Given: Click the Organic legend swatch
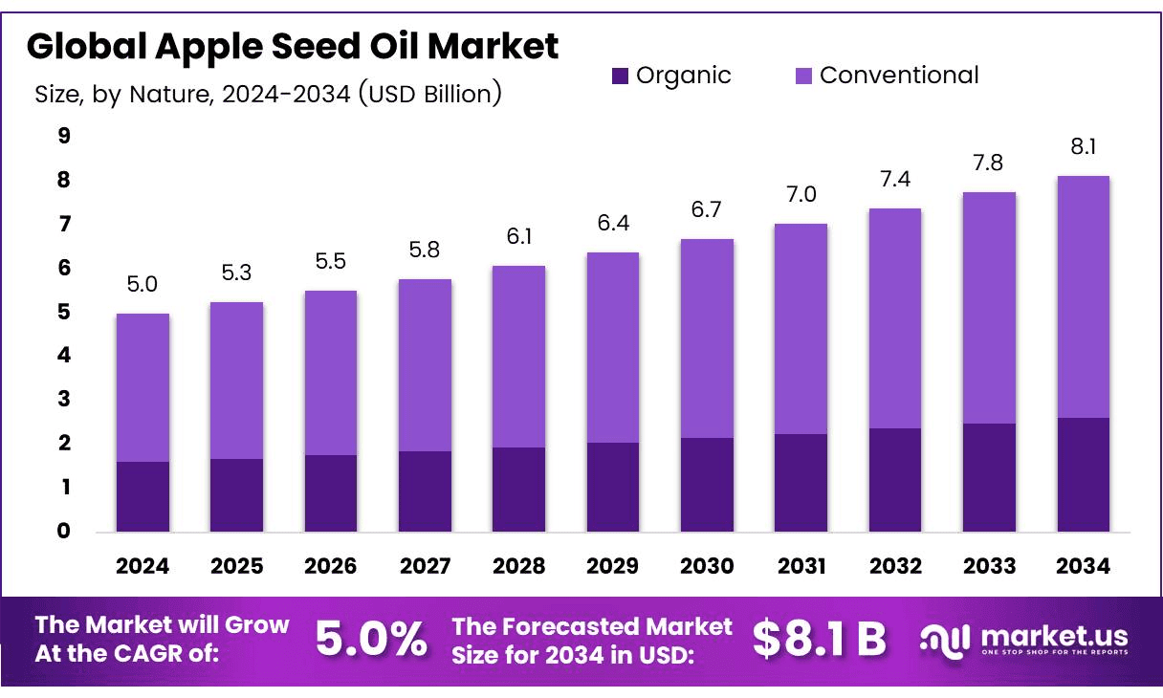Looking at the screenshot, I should point(621,76).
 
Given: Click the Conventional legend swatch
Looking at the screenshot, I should point(804,76).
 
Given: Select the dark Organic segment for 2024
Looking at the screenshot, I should point(143,496).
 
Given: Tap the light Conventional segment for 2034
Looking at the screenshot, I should point(1084,296).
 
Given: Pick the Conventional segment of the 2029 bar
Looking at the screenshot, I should point(613,347).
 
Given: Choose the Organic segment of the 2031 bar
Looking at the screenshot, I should point(801,483).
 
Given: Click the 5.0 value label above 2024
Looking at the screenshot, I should point(143,284).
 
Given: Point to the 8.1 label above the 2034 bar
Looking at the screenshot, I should point(1084,146).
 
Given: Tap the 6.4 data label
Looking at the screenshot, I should point(613,223).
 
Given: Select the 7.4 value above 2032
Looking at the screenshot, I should point(895,179).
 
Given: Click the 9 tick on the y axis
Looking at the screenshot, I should point(64,136).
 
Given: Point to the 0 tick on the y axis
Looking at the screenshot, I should point(64,532).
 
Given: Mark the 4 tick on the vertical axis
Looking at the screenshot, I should point(64,356).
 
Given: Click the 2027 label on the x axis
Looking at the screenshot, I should point(425,566).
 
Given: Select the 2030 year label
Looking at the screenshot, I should point(707,566).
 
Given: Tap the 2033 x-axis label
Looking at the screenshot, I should point(990,566).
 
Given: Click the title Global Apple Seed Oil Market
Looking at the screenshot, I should point(293,46).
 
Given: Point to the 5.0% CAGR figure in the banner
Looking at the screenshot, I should point(371,640).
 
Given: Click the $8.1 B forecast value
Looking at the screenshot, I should point(820,640).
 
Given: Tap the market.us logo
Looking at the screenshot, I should point(1024,639).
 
